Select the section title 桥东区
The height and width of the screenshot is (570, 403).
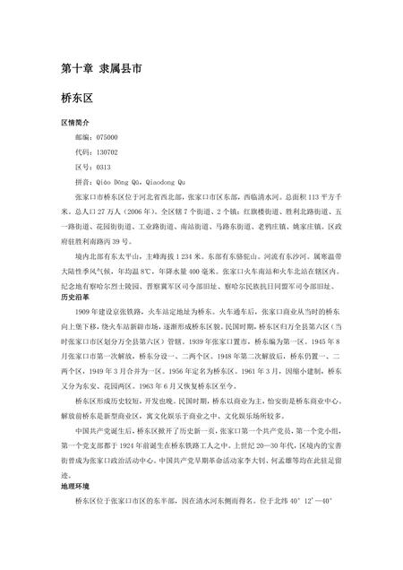coord(78,103)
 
